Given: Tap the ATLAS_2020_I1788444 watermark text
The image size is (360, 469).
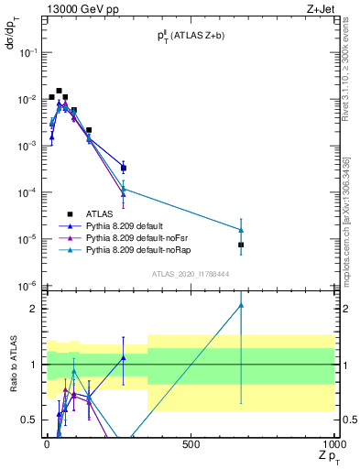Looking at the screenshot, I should click(191, 273).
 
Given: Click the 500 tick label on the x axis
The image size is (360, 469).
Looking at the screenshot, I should click(191, 444).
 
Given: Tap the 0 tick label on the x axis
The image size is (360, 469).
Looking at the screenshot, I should click(47, 444).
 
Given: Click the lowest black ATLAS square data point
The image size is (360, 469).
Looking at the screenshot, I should click(241, 245).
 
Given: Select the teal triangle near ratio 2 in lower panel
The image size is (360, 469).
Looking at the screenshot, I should click(241, 305).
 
